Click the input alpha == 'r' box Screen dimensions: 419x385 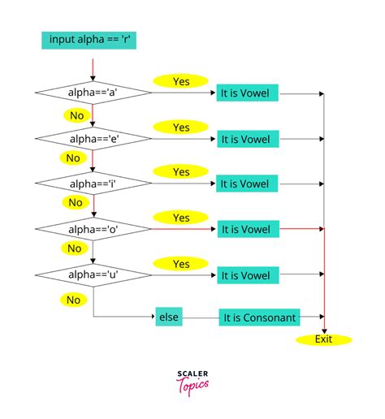click(81, 40)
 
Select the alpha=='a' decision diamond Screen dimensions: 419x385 click(93, 93)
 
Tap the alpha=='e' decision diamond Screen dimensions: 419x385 click(93, 139)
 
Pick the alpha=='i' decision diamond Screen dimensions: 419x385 click(93, 184)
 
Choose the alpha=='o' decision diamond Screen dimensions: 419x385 click(93, 230)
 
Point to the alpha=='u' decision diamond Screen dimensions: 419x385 click(93, 275)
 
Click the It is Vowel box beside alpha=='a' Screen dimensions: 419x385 click(248, 93)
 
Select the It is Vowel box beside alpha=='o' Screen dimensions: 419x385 click(248, 230)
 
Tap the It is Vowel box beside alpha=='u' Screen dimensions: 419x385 click(248, 275)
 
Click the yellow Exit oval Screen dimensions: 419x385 click(324, 339)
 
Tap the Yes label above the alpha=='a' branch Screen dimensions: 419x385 click(180, 81)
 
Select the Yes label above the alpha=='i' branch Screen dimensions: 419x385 click(180, 172)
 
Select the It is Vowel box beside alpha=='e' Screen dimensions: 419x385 click(248, 139)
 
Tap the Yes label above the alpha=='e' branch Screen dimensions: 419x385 click(180, 127)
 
